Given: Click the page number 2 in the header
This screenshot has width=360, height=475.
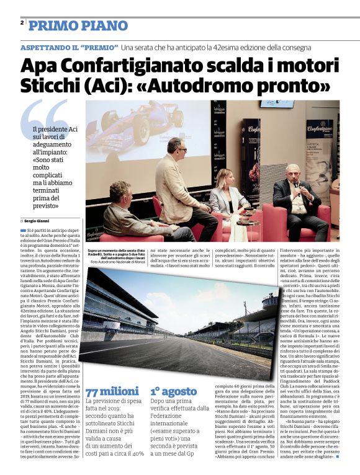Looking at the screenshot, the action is [x=22, y=22].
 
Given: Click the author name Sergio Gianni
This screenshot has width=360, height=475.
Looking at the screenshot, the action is [x=37, y=221].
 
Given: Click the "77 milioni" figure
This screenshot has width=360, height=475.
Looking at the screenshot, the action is [x=112, y=391].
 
